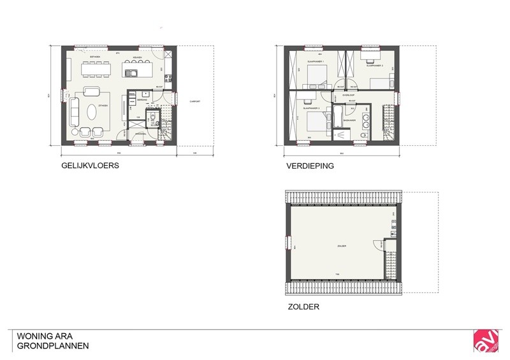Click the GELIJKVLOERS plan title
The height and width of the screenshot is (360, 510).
[x=90, y=166]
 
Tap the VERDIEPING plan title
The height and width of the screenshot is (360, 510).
[x=310, y=166]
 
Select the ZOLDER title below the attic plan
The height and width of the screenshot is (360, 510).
[x=303, y=306]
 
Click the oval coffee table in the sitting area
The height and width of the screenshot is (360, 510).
[x=93, y=112]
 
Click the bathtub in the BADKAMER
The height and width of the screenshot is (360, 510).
[x=339, y=133]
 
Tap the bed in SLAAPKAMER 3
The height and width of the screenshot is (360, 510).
[x=314, y=120]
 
